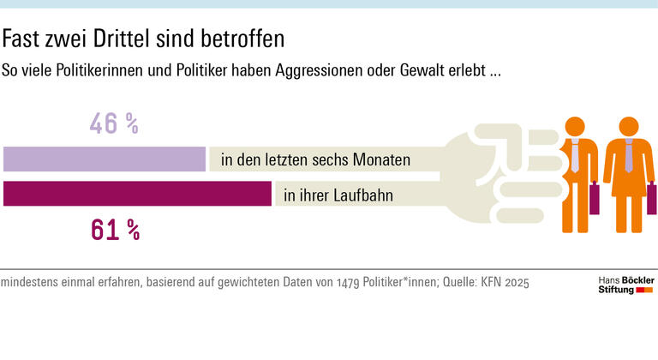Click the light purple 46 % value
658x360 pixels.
114,124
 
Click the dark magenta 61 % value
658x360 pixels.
114,229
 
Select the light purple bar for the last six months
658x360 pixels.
105,159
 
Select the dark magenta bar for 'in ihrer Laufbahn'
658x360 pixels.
137,195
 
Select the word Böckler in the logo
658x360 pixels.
636,280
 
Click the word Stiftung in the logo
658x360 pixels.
615,291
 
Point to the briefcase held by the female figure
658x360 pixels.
651,201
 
